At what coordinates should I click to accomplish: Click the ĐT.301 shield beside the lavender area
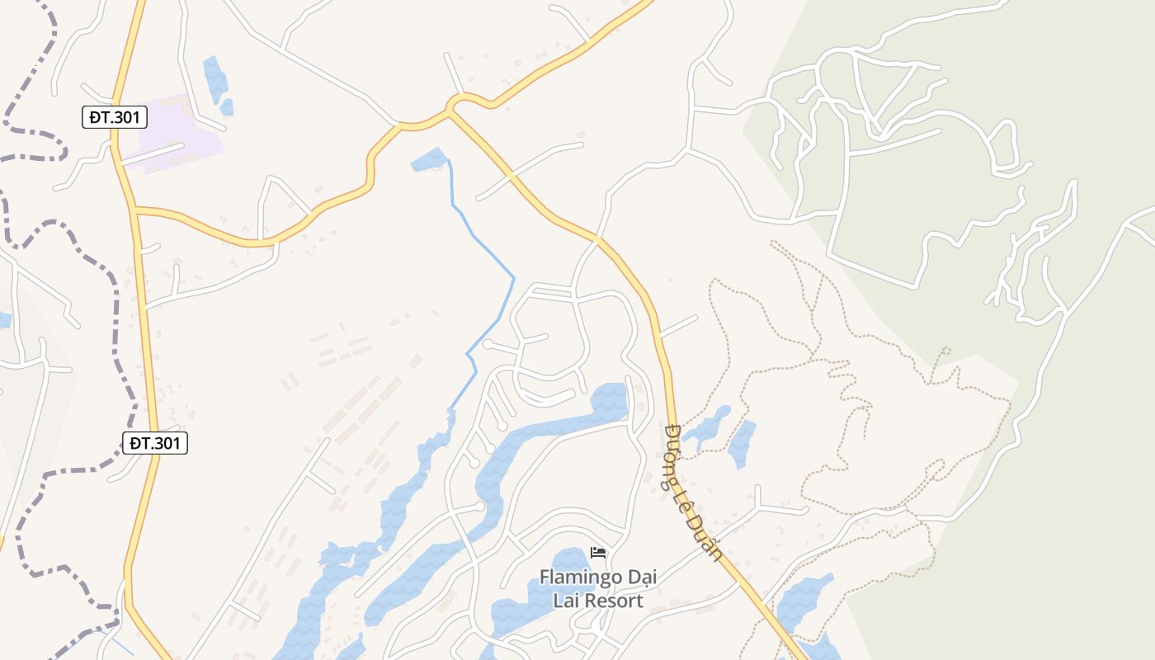pos(115,117)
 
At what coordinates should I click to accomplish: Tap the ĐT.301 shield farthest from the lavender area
pos(155,443)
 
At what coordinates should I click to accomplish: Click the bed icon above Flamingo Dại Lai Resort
pos(598,552)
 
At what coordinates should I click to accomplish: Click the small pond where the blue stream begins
pos(429,159)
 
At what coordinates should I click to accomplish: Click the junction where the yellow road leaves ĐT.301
pos(134,209)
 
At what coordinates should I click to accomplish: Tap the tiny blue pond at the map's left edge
pos(4,320)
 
